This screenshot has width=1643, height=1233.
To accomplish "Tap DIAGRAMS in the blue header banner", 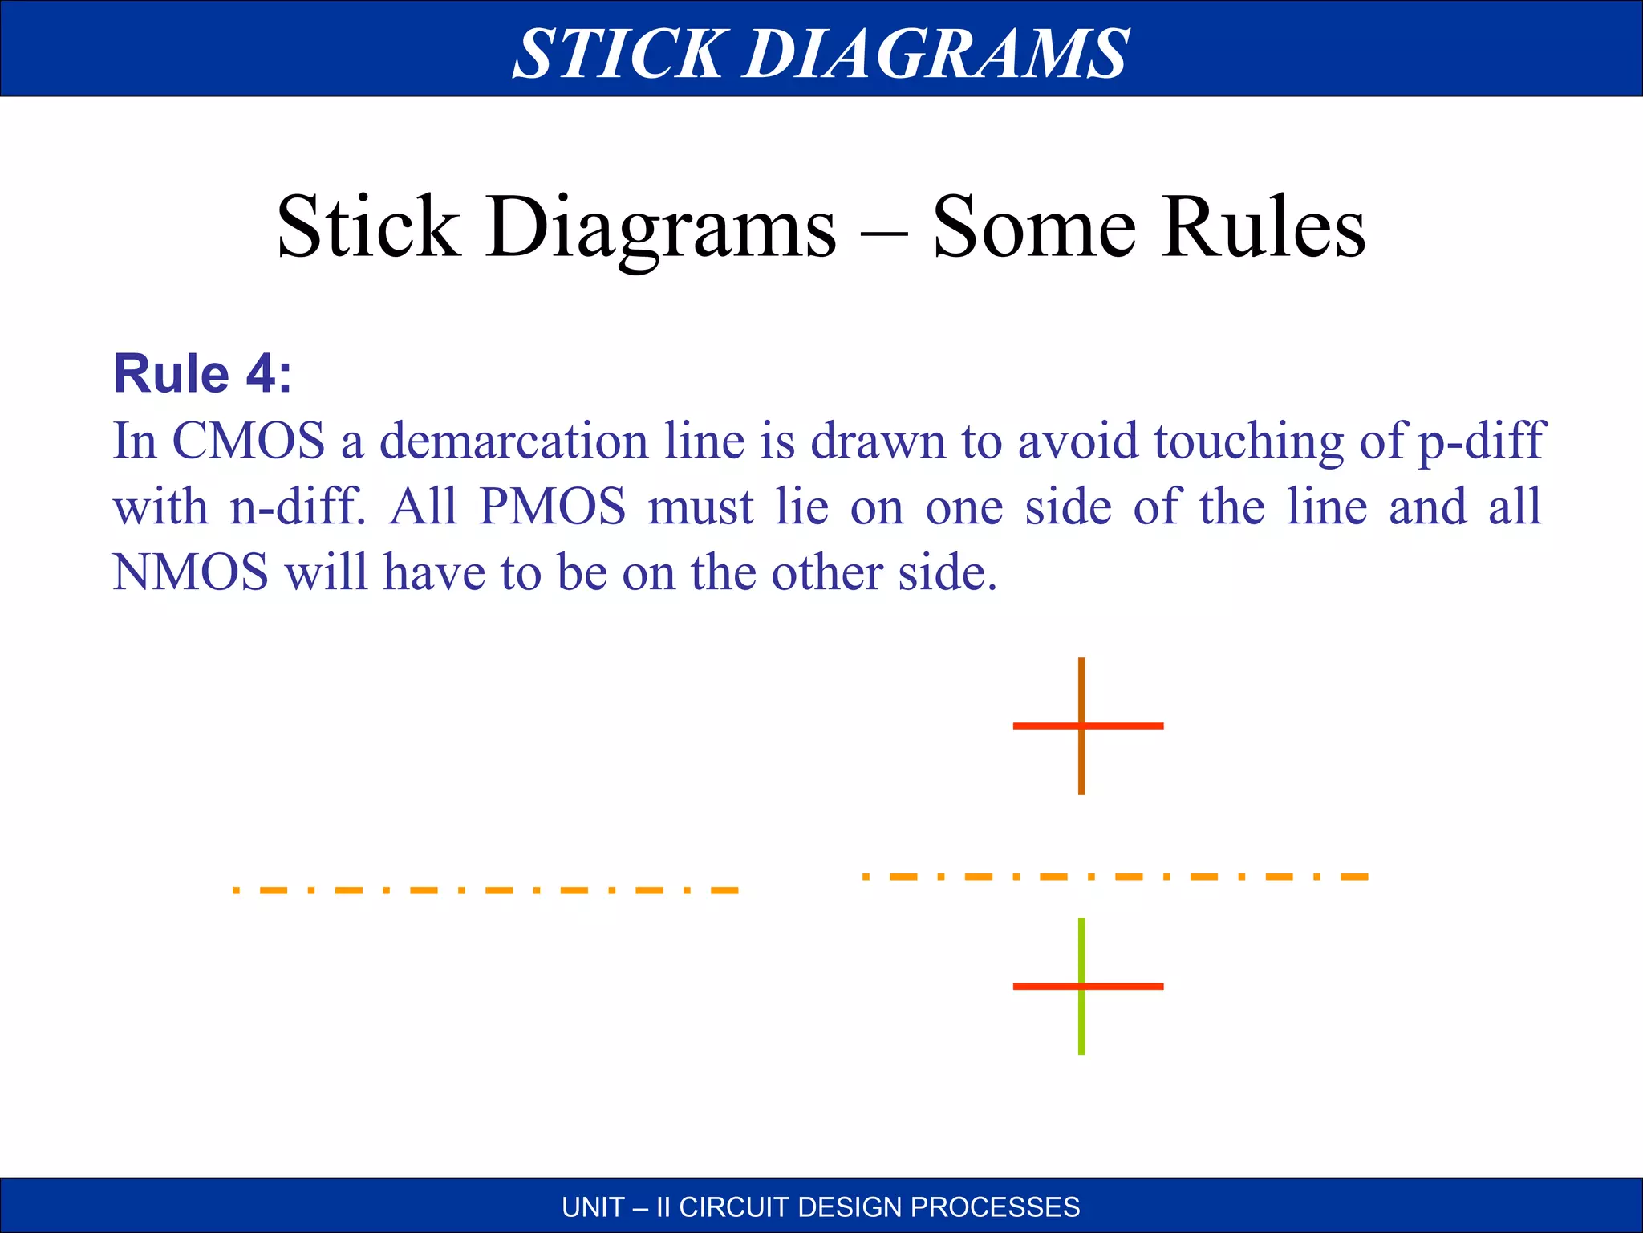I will [936, 53].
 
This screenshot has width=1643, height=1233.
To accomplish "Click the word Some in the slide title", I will [1035, 228].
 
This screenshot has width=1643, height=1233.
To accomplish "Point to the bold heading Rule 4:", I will [202, 374].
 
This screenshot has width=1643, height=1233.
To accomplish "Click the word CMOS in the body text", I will [249, 441].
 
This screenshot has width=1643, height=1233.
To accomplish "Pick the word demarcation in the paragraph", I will [513, 441].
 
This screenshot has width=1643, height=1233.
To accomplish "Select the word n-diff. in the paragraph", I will [297, 507].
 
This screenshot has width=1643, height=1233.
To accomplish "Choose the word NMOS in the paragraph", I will [190, 573].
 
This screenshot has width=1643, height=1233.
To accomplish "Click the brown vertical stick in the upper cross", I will [1081, 682].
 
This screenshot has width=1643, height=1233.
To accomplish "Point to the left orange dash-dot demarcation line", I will [485, 890].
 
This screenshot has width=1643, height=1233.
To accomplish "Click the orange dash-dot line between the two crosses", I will [1115, 877].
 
